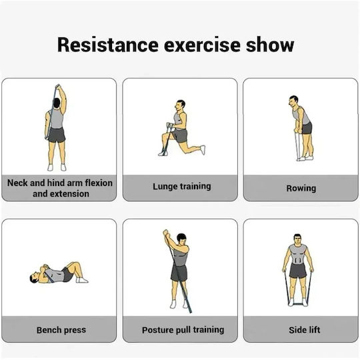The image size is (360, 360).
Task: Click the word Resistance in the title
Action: [108, 45]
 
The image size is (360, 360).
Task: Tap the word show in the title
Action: [270, 45]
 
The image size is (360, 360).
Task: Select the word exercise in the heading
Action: [202, 45]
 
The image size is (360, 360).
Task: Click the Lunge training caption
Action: [182, 187]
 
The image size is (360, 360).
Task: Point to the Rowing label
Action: [301, 188]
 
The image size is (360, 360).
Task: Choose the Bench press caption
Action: [61, 330]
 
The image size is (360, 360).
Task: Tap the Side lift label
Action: [305, 330]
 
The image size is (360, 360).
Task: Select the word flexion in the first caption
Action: [99, 183]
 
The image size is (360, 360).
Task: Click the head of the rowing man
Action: [293, 101]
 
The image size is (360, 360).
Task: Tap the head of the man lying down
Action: [35, 277]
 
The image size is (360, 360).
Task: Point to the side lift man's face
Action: [297, 240]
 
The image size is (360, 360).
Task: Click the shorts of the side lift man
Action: [298, 271]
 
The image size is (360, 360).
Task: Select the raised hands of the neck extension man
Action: [58, 87]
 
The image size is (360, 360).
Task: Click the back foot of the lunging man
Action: [203, 150]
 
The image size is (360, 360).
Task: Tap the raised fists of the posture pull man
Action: [166, 233]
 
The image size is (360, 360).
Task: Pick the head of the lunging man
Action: [180, 105]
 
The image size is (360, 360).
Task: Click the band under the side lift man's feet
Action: [298, 304]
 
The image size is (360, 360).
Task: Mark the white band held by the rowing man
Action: [297, 146]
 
